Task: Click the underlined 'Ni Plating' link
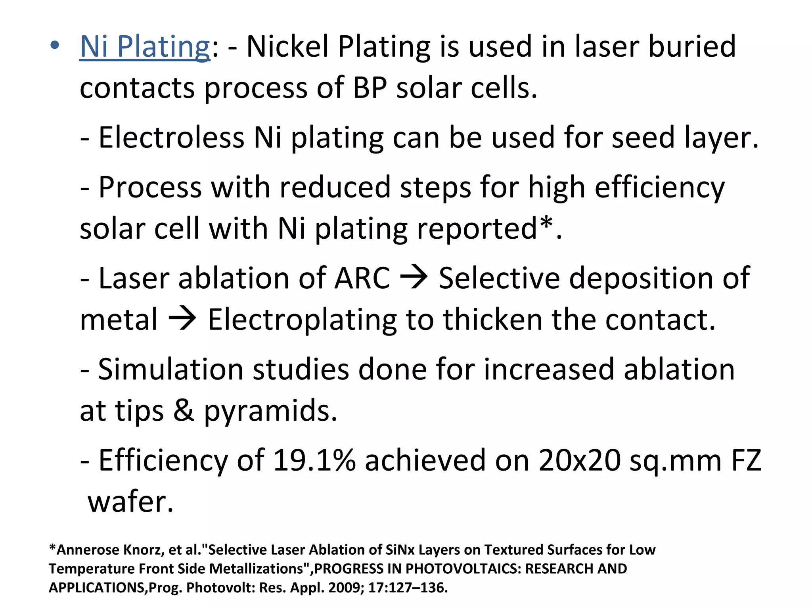[x=145, y=47]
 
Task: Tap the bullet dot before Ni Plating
[x=55, y=45]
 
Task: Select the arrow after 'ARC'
[x=414, y=277]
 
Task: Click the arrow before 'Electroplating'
[x=182, y=319]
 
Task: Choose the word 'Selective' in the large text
[x=499, y=278]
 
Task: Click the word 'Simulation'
[x=170, y=370]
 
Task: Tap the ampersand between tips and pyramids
[x=184, y=411]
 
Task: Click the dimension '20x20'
[x=579, y=461]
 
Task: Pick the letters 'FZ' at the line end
[x=746, y=461]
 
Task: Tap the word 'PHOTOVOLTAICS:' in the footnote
[x=463, y=569]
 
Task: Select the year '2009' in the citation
[x=346, y=588]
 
